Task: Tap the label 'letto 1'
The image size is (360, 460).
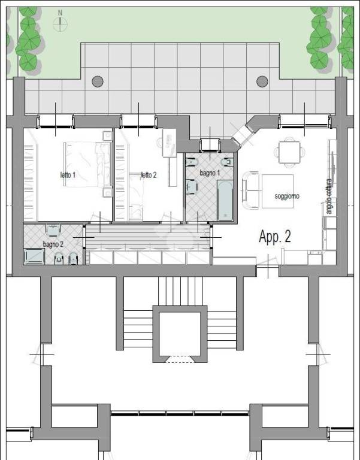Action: [x=68, y=175]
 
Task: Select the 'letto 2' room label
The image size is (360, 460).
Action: [x=149, y=175]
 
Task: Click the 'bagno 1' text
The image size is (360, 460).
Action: [x=210, y=173]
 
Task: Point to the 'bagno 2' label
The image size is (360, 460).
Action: [x=53, y=244]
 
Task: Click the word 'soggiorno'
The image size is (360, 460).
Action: [x=287, y=196]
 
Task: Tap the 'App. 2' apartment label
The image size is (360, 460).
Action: [x=275, y=237]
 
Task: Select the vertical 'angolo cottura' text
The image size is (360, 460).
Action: [x=329, y=196]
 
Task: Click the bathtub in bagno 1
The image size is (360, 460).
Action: [x=225, y=200]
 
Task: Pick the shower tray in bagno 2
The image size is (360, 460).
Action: [x=34, y=256]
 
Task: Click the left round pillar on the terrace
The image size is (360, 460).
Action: [x=98, y=81]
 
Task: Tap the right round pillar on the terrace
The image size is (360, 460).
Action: [x=262, y=81]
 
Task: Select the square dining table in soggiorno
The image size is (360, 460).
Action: [x=289, y=152]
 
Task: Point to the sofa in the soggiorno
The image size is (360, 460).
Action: [x=250, y=190]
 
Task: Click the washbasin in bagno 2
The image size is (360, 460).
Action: [x=53, y=231]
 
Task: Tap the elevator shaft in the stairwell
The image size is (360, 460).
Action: [x=180, y=334]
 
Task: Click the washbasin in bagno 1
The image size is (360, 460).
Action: [x=192, y=187]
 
